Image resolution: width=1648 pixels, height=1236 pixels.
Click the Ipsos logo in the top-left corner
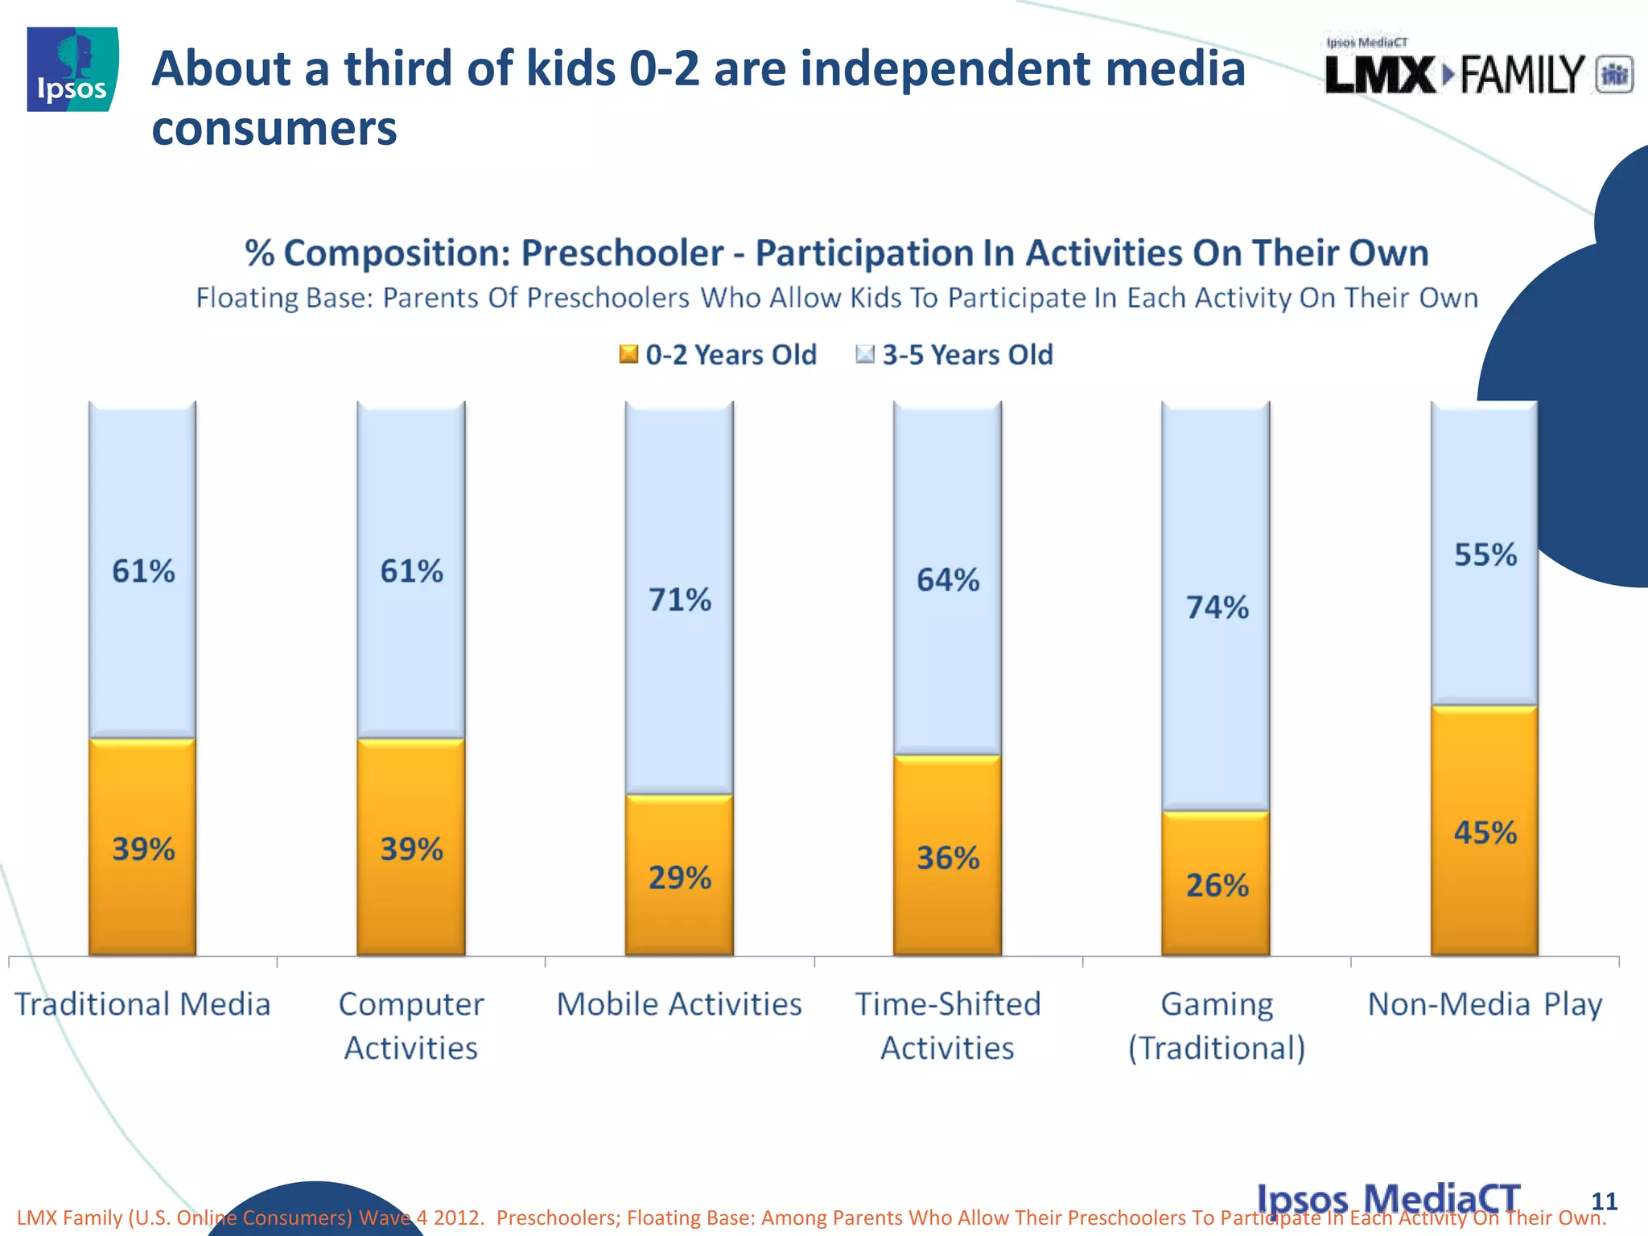click(72, 69)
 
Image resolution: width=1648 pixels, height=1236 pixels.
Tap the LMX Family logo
click(1477, 72)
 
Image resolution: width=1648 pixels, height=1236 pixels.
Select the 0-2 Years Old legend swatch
click(628, 354)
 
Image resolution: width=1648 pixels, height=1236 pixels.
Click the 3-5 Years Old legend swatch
click(865, 354)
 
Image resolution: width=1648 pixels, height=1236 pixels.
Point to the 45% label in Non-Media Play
click(1485, 833)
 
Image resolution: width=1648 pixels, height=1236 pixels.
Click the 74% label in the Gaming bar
click(1217, 608)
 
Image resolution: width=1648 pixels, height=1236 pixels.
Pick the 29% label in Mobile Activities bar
click(680, 878)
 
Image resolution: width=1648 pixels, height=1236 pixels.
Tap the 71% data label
click(680, 600)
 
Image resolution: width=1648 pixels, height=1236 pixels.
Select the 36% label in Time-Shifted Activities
click(948, 859)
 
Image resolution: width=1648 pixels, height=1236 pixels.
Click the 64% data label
click(948, 580)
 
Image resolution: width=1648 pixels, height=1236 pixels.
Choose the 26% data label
click(1217, 886)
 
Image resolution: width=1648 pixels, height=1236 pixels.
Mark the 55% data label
click(1485, 555)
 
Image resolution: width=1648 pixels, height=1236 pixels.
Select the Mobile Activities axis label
click(680, 1004)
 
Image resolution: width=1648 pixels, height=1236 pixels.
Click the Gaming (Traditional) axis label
click(1217, 1026)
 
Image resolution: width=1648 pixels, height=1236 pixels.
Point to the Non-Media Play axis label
click(1485, 1004)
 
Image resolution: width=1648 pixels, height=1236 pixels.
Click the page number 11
click(1604, 1201)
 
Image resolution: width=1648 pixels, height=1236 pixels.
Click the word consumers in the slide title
click(274, 129)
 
